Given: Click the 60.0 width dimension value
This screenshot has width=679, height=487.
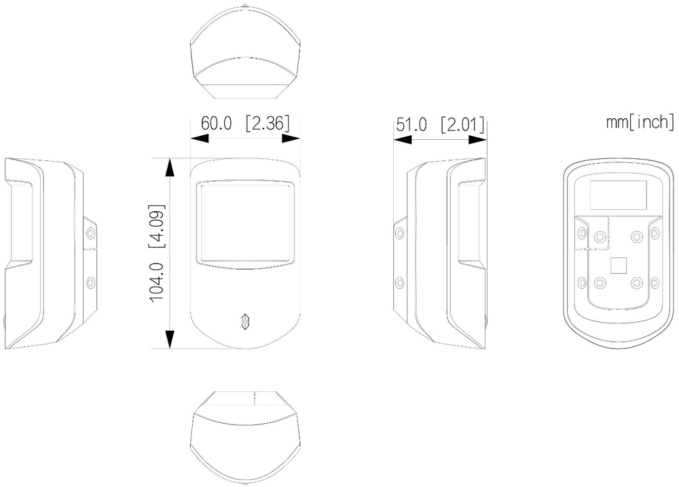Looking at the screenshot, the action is tap(216, 123).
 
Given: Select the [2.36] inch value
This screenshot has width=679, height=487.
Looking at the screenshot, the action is tap(267, 124).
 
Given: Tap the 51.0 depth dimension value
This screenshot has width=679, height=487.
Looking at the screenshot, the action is tap(411, 125).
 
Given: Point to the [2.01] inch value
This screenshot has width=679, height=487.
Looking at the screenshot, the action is tap(462, 125).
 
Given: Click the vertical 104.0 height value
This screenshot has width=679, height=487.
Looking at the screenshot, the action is tap(156, 282).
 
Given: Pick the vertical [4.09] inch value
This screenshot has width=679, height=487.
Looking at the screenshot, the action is tap(157, 226).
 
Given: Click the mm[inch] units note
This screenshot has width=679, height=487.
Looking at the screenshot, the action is tap(640, 122).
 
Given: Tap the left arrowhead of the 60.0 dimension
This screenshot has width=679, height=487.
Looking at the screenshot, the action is tap(200, 138).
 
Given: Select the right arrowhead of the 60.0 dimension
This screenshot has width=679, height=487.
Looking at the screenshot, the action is tap(291, 138).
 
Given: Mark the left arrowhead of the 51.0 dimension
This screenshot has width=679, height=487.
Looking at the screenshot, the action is tap(402, 139).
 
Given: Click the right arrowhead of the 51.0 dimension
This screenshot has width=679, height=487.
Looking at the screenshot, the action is tap(478, 139).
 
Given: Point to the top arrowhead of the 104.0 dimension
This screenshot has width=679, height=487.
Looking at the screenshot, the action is tap(170, 167).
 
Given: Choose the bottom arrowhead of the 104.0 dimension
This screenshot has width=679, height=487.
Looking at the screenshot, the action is tap(170, 339).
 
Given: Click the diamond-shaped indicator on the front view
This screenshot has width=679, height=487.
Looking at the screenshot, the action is tap(246, 321).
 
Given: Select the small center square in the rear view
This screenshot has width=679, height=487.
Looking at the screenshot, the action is tap(619, 266).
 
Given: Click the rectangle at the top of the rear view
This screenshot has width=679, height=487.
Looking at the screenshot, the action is tap(619, 194).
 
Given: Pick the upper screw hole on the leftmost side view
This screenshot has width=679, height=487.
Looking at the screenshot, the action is tap(90, 234).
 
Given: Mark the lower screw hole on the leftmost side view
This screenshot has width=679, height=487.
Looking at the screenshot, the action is tap(90, 283).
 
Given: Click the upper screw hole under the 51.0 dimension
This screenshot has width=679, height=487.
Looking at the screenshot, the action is tap(400, 234).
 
